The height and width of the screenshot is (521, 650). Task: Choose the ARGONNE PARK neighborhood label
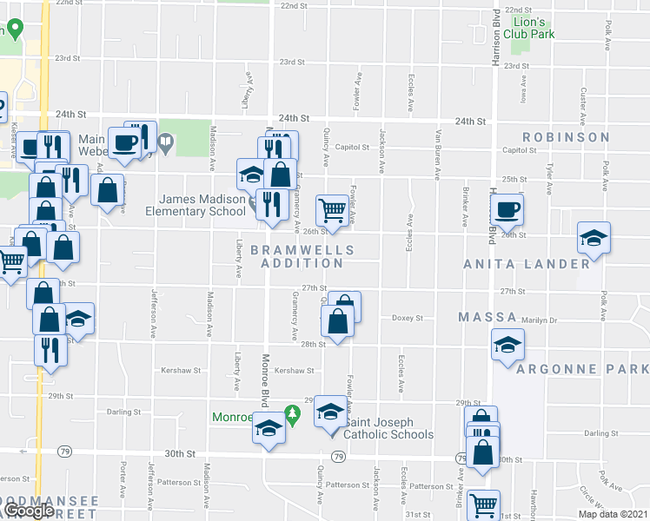(582, 369)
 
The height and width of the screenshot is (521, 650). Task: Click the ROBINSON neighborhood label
(566, 137)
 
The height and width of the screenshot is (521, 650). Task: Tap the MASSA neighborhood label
(487, 318)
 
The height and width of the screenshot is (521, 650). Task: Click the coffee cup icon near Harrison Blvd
(507, 208)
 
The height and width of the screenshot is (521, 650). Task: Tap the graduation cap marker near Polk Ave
(594, 238)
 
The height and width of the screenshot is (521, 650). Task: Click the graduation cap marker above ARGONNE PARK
(507, 346)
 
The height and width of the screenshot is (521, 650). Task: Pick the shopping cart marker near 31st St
(483, 505)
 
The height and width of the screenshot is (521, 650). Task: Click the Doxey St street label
(407, 318)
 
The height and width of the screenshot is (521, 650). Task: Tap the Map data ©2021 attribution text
(613, 514)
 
